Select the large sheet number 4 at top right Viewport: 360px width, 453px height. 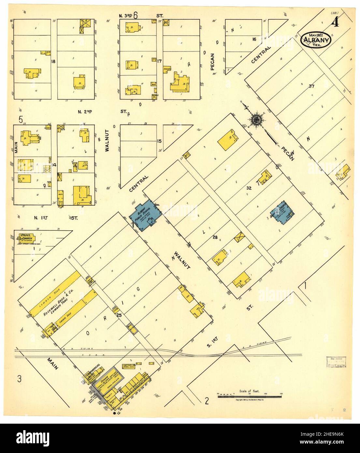[334, 23]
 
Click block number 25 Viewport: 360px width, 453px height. [119, 315]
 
